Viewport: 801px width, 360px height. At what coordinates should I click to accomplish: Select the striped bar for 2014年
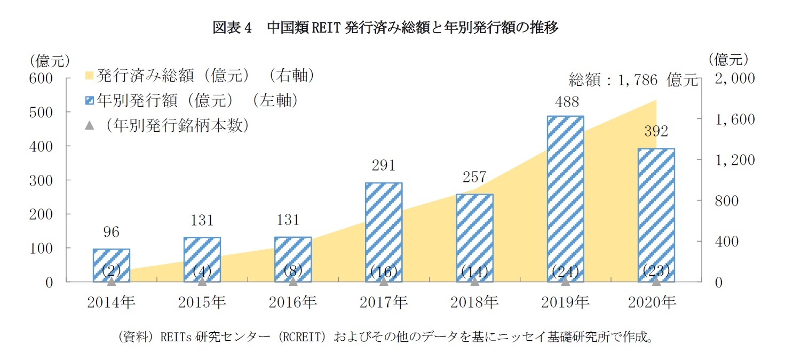pyautogui.click(x=111, y=265)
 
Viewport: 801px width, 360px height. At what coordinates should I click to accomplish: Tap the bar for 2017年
pyautogui.click(x=384, y=231)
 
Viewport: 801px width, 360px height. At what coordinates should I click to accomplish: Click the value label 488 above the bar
pyautogui.click(x=565, y=102)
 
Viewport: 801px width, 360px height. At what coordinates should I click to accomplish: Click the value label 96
pyautogui.click(x=111, y=232)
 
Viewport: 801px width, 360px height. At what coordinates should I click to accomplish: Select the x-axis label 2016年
pyautogui.click(x=293, y=302)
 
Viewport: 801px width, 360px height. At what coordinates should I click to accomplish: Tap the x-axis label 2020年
pyautogui.click(x=656, y=302)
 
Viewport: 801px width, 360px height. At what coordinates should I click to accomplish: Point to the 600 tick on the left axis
pyautogui.click(x=41, y=78)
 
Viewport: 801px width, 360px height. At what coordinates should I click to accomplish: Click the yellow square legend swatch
pyautogui.click(x=90, y=77)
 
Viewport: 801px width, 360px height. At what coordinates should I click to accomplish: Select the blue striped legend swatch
pyautogui.click(x=90, y=101)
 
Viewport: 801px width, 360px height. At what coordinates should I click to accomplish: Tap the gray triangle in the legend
pyautogui.click(x=90, y=125)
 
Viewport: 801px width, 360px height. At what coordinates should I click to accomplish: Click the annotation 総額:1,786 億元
pyautogui.click(x=633, y=81)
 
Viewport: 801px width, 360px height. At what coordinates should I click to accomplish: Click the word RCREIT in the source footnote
pyautogui.click(x=303, y=338)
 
